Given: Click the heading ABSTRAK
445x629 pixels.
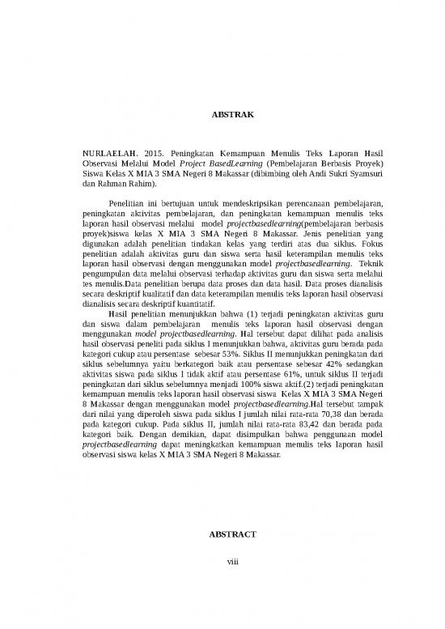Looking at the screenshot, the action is pyautogui.click(x=232, y=116).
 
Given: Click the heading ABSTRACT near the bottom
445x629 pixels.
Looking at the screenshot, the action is pyautogui.click(x=232, y=536).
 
